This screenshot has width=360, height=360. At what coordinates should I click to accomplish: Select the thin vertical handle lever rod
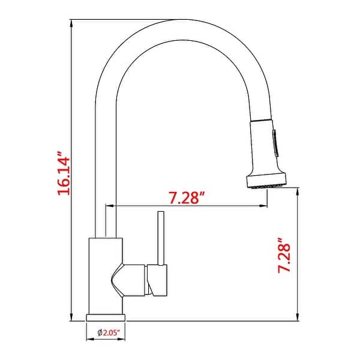click(x=161, y=240)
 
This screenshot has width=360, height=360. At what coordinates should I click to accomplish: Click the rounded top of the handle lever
click(x=161, y=213)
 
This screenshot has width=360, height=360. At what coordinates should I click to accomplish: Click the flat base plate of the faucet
click(x=106, y=317)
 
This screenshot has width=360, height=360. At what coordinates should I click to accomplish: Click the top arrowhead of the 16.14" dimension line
click(x=72, y=23)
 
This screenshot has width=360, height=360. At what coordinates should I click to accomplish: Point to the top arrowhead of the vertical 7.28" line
click(x=298, y=190)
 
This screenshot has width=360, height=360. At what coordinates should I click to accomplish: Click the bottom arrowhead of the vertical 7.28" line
click(x=298, y=318)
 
